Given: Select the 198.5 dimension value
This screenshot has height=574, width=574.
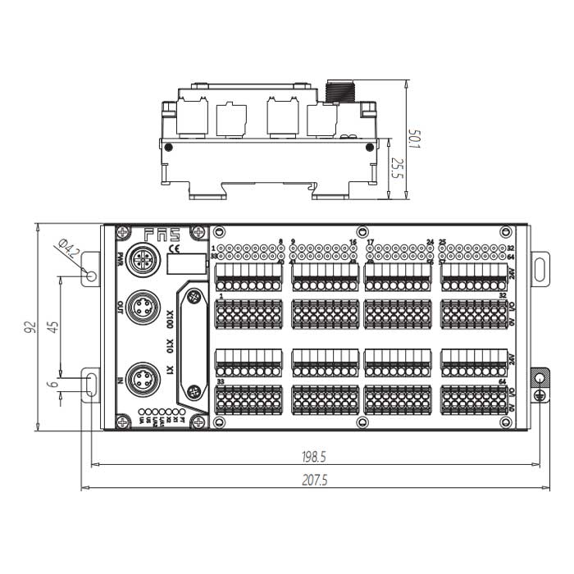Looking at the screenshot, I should (x=315, y=456).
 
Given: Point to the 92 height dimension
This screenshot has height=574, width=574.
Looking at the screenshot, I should (x=30, y=326).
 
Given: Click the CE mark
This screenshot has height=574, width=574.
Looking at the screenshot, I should (x=172, y=249).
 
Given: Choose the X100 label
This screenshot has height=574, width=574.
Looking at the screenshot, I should (x=170, y=318).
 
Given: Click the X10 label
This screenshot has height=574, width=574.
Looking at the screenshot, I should (x=170, y=347).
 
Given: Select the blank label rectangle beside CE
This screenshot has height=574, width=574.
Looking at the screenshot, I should (x=184, y=263).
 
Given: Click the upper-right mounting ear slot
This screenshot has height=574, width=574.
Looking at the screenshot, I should (x=540, y=267).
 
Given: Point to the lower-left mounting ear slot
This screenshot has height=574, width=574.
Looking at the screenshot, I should (x=91, y=383).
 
